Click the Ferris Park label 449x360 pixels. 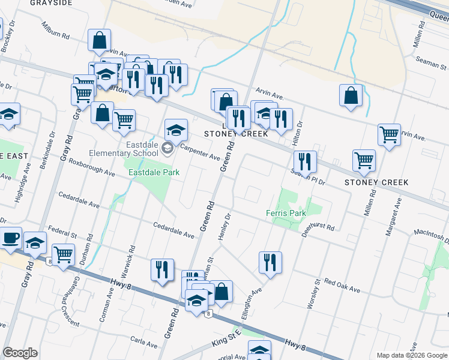pos(286,213)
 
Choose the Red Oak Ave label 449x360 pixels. pos(342,286)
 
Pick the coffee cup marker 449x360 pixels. pos(10,238)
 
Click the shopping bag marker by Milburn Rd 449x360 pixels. pos(100,41)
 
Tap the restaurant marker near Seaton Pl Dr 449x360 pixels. pos(305,161)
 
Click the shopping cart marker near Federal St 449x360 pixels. pos(63,254)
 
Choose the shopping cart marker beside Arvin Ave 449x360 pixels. pos(390,134)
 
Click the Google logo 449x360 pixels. pos(20,353)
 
